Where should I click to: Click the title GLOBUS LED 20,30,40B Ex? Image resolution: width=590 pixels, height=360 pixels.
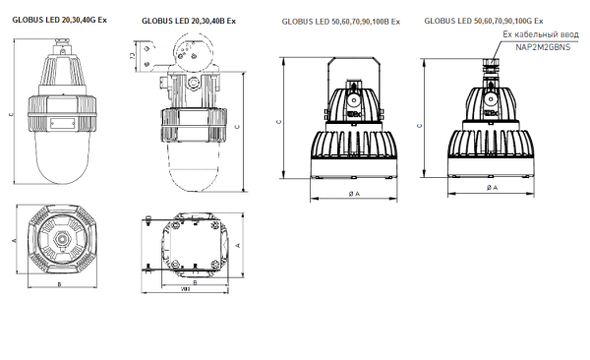click(189, 20)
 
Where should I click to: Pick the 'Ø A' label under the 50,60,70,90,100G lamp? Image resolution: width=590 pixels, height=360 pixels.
click(489, 186)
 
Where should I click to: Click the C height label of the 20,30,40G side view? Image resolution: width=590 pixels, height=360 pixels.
click(10, 116)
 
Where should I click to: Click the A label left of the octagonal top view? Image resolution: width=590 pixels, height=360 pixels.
click(13, 239)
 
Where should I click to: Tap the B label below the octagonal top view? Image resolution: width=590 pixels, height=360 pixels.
click(61, 284)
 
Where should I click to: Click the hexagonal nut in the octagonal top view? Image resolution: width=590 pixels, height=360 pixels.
click(62, 239)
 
